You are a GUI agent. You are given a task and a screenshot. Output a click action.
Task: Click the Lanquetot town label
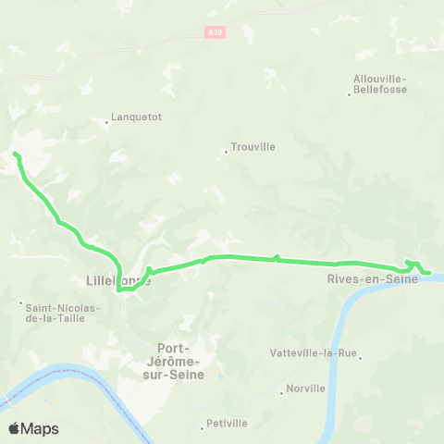tap(137, 117)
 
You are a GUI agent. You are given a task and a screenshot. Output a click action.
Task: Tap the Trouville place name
tap(254, 146)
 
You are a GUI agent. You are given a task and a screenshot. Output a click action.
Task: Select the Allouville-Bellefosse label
tap(380, 85)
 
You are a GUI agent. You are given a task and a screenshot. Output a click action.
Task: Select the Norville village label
tap(308, 388)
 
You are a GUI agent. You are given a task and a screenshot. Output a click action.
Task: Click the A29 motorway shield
tap(214, 32)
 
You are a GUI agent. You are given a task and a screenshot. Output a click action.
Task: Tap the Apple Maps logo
tap(33, 428)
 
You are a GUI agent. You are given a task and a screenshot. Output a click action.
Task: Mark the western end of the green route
tap(16, 154)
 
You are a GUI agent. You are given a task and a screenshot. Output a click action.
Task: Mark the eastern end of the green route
tap(430, 272)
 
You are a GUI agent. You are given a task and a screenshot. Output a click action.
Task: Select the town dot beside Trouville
tap(227, 152)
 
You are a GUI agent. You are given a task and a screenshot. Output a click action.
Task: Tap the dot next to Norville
tap(282, 392)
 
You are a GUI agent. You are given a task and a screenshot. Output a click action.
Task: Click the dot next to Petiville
tap(203, 427)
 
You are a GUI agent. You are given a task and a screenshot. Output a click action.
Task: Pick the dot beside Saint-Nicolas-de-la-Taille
tap(21, 302)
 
